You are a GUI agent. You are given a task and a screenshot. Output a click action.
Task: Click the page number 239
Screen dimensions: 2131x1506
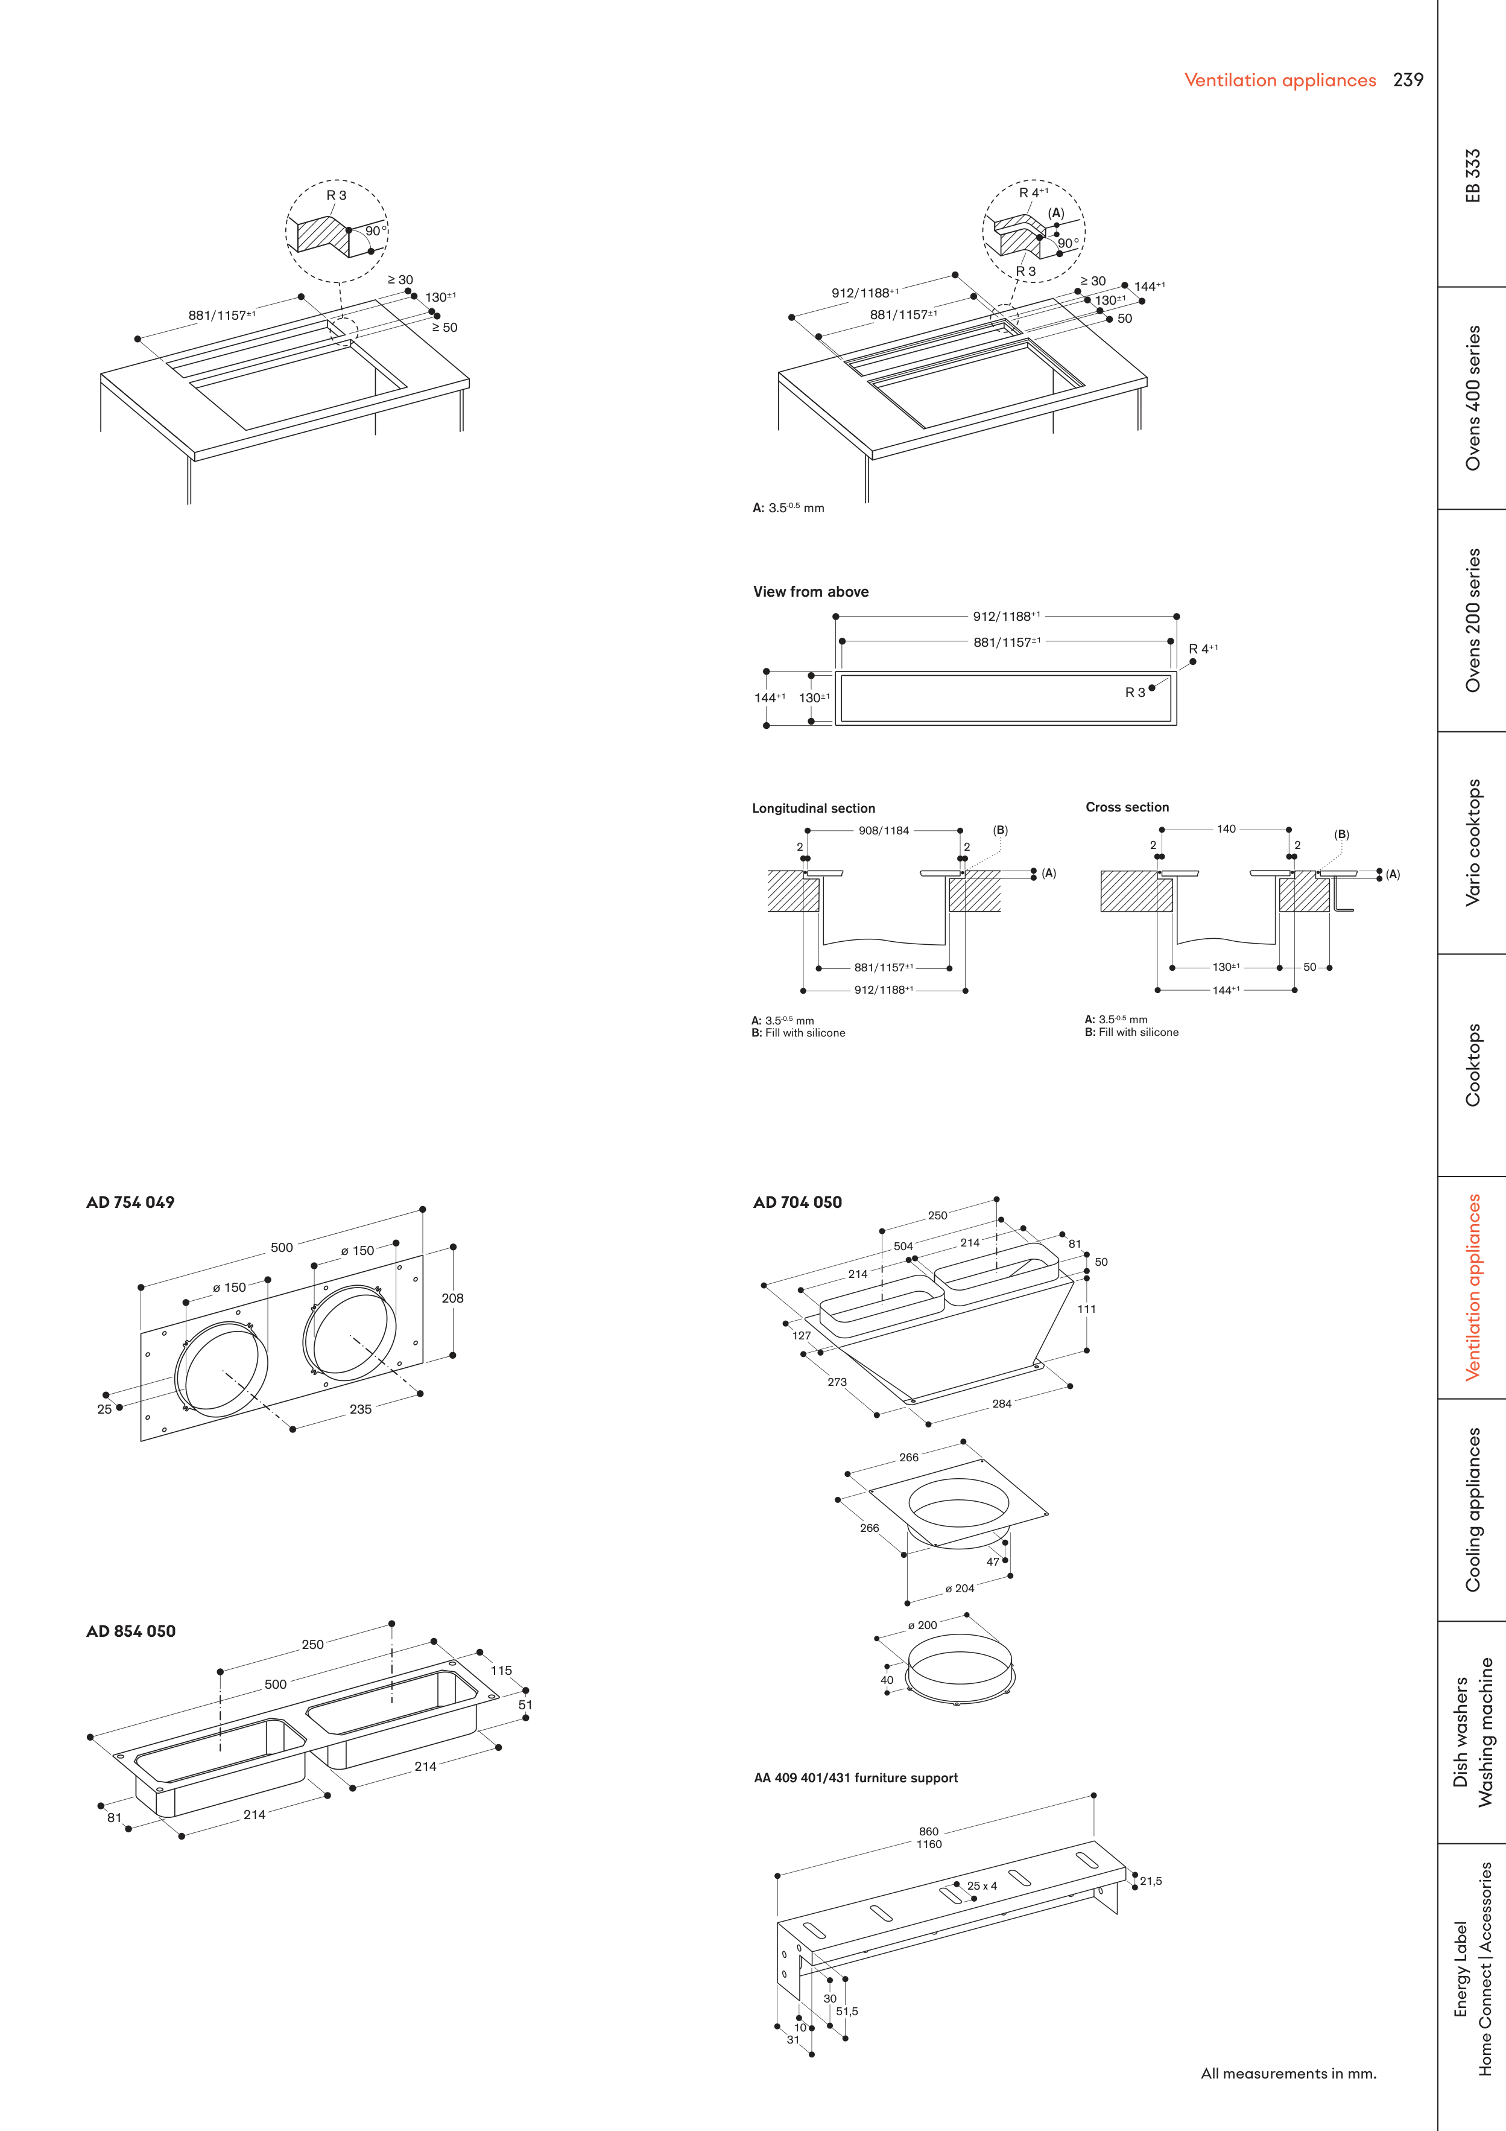tap(1408, 80)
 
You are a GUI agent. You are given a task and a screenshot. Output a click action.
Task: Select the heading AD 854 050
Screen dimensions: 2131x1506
tap(131, 1631)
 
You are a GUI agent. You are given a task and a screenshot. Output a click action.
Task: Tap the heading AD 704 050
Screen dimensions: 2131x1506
tap(797, 1202)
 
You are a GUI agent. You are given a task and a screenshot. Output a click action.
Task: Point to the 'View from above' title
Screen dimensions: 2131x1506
tap(810, 591)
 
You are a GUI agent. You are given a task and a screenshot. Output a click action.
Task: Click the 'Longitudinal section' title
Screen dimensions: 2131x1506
tap(813, 807)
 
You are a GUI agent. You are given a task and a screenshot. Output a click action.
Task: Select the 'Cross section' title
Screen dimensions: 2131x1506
tap(1127, 807)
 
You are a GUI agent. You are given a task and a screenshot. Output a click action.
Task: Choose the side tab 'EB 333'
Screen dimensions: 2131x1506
tap(1473, 176)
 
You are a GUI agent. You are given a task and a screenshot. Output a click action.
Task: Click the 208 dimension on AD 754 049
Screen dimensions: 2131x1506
tap(453, 1298)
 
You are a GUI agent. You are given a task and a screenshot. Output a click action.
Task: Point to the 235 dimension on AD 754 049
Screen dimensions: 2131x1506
tap(360, 1409)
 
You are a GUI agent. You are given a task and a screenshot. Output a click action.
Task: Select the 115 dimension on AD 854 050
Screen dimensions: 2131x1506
tap(501, 1669)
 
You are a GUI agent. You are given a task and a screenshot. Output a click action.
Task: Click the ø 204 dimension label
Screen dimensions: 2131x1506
tap(960, 1588)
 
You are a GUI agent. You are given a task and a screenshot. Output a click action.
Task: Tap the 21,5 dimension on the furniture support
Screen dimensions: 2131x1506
tap(1151, 1881)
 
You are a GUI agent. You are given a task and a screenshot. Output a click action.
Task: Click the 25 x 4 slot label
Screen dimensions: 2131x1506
tap(982, 1885)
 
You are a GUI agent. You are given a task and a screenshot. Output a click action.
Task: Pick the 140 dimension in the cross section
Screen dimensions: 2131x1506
tap(1226, 829)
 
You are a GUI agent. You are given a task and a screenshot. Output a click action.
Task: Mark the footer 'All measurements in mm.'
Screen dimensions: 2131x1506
tap(1288, 2072)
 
